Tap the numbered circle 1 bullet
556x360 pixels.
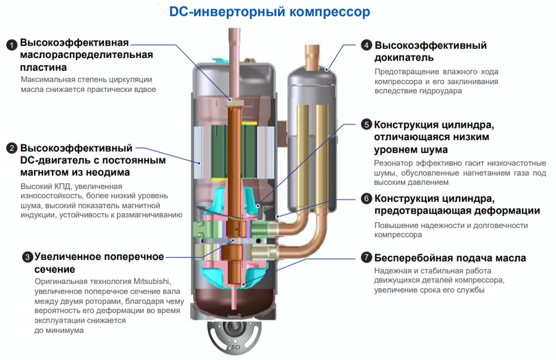[x=11, y=44]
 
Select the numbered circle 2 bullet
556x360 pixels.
[x=11, y=148]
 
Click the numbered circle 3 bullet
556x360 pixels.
[x=27, y=256]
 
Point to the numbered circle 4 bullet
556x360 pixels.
[x=366, y=45]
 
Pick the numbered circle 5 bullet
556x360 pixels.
[x=366, y=124]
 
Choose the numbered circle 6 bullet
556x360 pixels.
[x=366, y=199]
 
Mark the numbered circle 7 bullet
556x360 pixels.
[x=366, y=257]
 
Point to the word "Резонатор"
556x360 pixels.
[x=395, y=162]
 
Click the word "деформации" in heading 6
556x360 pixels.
[x=507, y=211]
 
